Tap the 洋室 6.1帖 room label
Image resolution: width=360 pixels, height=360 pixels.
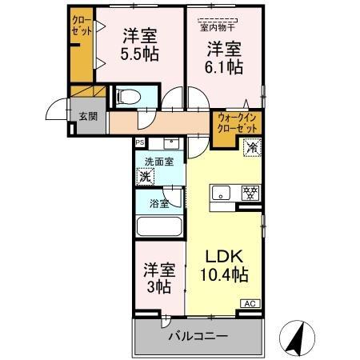coord(223,57)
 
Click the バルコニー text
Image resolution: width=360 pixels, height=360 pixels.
coord(198,336)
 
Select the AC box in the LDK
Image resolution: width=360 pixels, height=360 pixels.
coord(251,303)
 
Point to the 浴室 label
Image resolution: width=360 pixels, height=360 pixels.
coord(159,203)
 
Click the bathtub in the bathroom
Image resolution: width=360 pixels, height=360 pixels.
coord(160,225)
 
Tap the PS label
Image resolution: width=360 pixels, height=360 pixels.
coord(140,142)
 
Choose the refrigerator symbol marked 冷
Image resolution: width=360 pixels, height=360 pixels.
coord(251,146)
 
